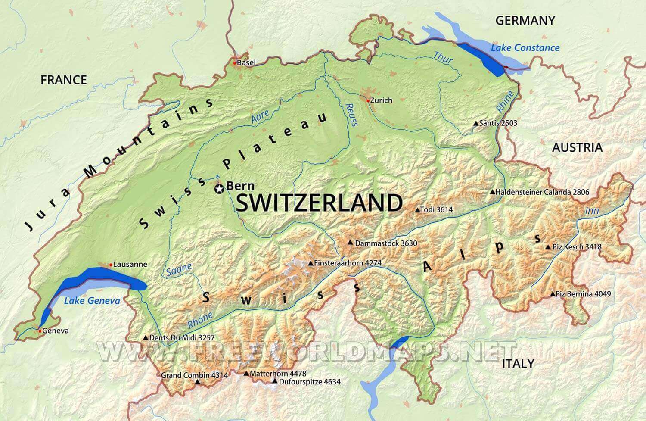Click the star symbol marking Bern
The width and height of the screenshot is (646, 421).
pyautogui.click(x=219, y=189)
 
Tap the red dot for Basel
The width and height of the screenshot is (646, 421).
pyautogui.click(x=235, y=63)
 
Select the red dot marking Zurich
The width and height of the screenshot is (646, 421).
pyautogui.click(x=367, y=101)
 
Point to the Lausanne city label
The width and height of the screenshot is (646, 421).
pyautogui.click(x=130, y=265)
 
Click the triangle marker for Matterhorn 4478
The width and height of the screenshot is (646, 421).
pyautogui.click(x=246, y=374)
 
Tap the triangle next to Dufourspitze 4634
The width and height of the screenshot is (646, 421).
pyautogui.click(x=275, y=381)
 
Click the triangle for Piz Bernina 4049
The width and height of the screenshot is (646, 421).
pyautogui.click(x=553, y=294)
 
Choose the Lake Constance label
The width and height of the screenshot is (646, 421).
pyautogui.click(x=525, y=48)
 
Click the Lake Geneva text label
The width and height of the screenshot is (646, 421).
pyautogui.click(x=92, y=301)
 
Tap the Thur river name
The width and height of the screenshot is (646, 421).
pyautogui.click(x=442, y=57)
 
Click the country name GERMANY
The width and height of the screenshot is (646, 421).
pyautogui.click(x=525, y=20)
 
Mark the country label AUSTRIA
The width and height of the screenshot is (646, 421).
pyautogui.click(x=577, y=147)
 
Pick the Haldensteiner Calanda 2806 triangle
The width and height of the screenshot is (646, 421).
pyautogui.click(x=492, y=192)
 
